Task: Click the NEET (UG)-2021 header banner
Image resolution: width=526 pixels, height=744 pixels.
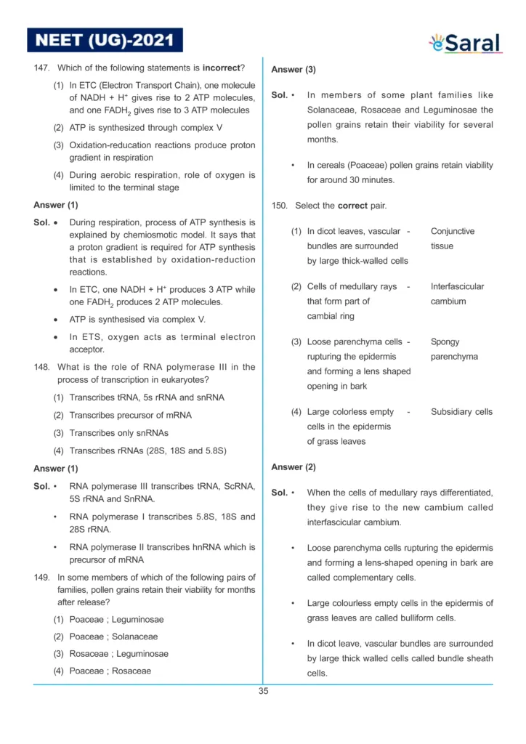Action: tap(105, 39)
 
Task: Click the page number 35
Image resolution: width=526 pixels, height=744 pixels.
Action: tap(263, 691)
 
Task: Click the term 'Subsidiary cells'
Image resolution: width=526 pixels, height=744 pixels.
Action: tap(461, 412)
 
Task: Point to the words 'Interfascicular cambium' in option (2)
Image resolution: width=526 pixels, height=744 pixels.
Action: tap(457, 294)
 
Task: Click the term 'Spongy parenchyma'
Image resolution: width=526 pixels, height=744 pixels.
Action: tap(454, 349)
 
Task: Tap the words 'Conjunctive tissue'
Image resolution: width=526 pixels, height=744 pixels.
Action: tap(452, 238)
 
